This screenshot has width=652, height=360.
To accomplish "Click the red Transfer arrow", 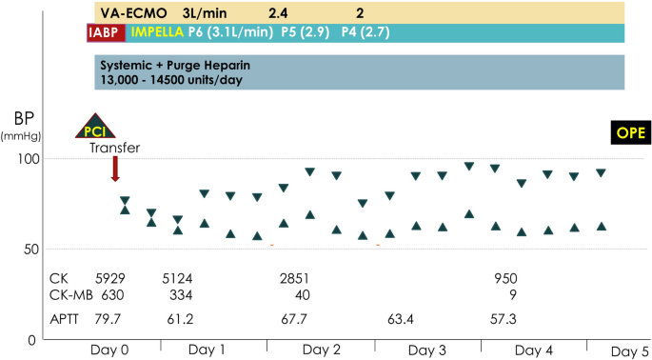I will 115,169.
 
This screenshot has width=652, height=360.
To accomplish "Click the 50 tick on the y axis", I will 32,250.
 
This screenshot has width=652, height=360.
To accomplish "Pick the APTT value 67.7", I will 296,317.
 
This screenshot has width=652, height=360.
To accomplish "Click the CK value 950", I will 505,278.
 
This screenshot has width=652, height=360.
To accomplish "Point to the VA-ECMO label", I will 134,12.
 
